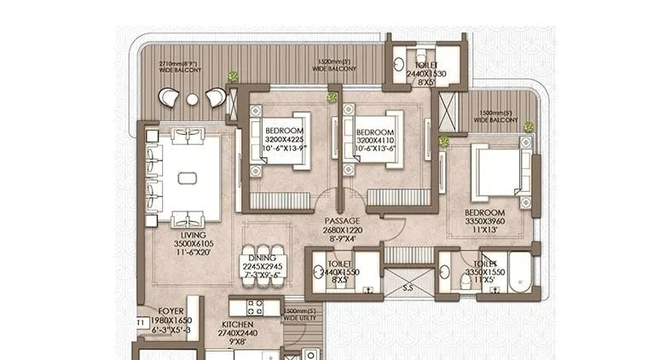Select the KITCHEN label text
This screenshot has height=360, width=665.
(238, 325)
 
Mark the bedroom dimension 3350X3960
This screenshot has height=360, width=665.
(485, 222)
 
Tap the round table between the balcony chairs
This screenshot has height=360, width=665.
(193, 99)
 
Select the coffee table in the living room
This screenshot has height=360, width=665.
(188, 177)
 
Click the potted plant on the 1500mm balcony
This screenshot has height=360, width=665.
(528, 127)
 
